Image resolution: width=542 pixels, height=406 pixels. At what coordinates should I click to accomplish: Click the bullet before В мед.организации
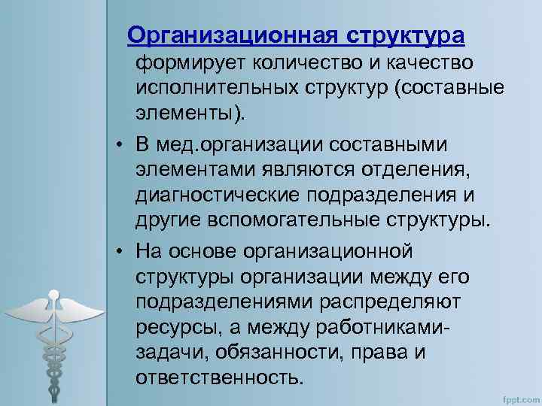pyautogui.click(x=120, y=144)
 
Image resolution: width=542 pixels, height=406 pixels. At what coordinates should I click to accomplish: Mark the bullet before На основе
pyautogui.click(x=120, y=249)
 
